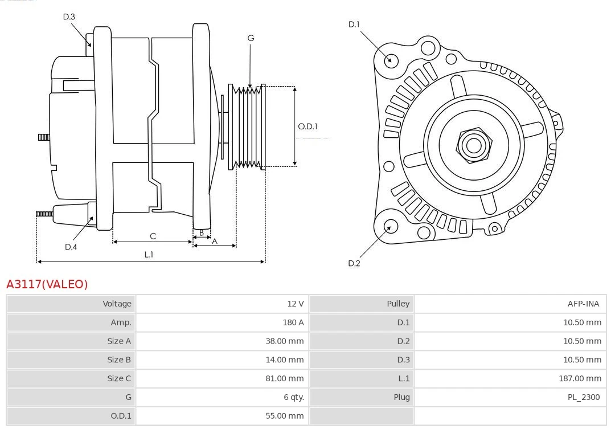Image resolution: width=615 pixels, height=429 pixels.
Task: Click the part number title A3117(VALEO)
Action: pos(47,284)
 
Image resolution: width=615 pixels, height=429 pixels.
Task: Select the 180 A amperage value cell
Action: pos(293,322)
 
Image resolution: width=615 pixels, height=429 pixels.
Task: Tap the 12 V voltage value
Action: pos(295,304)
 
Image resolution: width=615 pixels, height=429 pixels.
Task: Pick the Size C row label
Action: pos(119,378)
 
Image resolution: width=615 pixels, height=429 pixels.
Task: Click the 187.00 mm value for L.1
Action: pos(580,378)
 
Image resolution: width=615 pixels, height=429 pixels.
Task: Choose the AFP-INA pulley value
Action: pos(583,304)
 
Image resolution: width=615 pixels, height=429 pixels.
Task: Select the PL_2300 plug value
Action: pos(584,397)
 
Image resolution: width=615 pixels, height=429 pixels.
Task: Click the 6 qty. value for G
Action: pos(292,397)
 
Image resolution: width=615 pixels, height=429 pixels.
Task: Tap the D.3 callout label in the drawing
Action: pos(69,17)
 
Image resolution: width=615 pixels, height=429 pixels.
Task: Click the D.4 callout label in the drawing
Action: pos(71,247)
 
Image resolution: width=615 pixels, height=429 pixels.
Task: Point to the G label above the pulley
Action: pos(251,38)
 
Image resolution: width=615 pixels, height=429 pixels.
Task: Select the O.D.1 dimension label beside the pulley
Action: pos(307,126)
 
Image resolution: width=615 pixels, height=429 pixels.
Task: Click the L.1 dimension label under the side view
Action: pos(149,255)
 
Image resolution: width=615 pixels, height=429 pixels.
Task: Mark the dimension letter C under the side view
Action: pos(153,236)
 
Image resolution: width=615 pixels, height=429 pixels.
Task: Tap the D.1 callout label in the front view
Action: pos(354,24)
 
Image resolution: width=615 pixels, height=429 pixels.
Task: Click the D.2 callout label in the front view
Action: pos(354,263)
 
